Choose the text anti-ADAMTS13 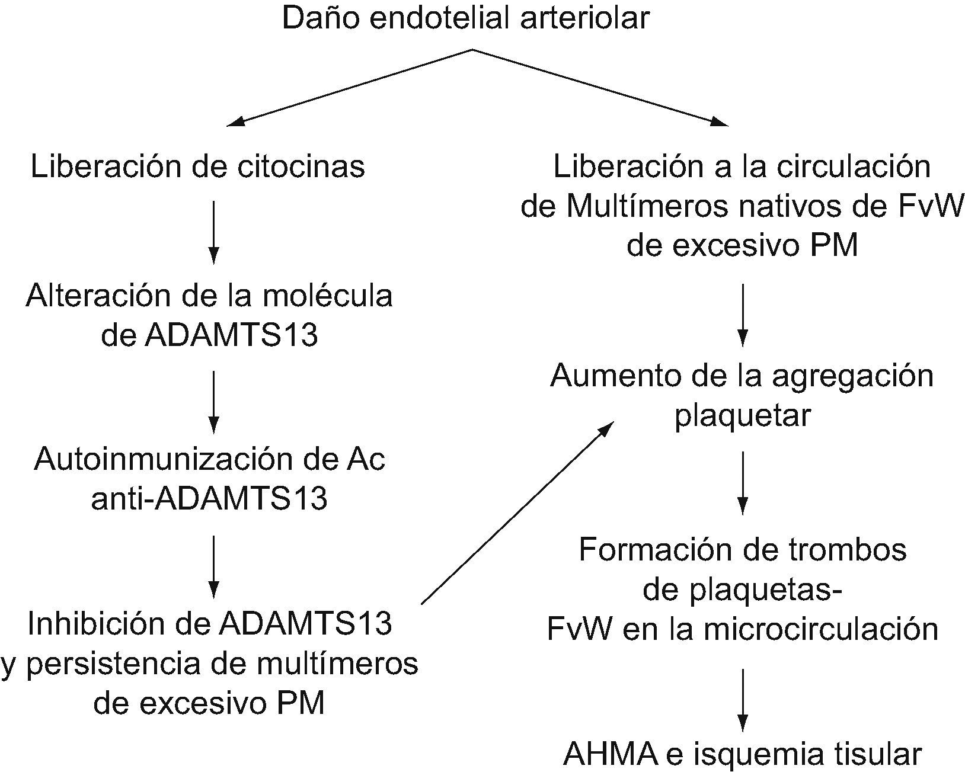pyautogui.click(x=209, y=499)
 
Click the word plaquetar pyautogui.click(x=742, y=415)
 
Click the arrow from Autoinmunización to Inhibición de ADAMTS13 pyautogui.click(x=213, y=566)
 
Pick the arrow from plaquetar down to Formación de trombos pyautogui.click(x=742, y=482)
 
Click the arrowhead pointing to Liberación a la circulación pyautogui.click(x=719, y=122)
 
